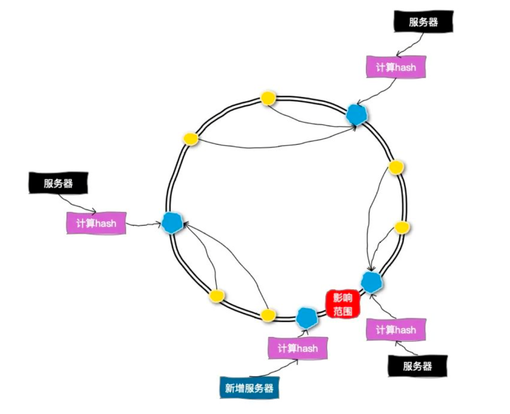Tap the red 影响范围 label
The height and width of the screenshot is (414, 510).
pyautogui.click(x=342, y=304)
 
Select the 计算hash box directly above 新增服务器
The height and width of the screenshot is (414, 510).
pyautogui.click(x=297, y=348)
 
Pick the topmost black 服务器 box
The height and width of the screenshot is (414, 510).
pyautogui.click(x=423, y=22)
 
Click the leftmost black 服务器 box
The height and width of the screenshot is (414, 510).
pyautogui.click(x=58, y=183)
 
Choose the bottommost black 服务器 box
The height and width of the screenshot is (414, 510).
pyautogui.click(x=417, y=366)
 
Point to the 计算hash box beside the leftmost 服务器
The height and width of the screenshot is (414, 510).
pyautogui.click(x=96, y=223)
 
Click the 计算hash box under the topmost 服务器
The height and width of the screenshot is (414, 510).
pyautogui.click(x=396, y=67)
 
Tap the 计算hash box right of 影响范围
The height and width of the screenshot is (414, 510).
pyautogui.click(x=396, y=329)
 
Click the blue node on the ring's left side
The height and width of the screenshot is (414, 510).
pyautogui.click(x=171, y=222)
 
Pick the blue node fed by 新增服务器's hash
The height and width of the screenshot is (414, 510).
pyautogui.click(x=307, y=317)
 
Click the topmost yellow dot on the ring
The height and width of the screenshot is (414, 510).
pyautogui.click(x=268, y=98)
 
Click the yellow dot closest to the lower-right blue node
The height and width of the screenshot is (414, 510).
pyautogui.click(x=401, y=227)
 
